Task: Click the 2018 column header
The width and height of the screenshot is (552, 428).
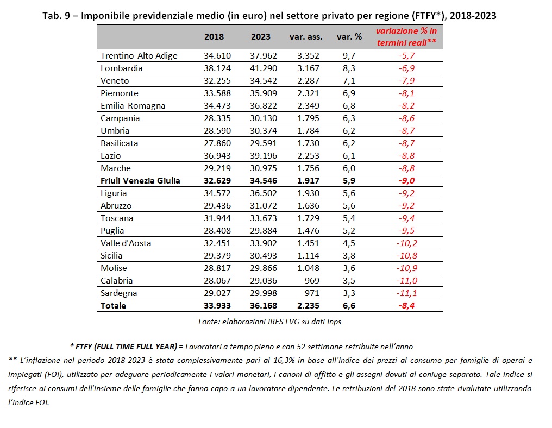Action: [x=214, y=37]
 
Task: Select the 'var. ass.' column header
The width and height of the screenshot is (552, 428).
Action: [x=306, y=37]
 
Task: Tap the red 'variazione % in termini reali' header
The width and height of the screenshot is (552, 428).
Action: [x=406, y=36]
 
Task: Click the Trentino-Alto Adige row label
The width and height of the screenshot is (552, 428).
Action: [x=139, y=56]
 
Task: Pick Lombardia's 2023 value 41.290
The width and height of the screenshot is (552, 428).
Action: [x=264, y=68]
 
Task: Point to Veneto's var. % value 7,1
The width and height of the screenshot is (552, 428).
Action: [x=349, y=81]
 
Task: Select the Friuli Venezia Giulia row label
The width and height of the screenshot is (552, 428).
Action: [x=140, y=181]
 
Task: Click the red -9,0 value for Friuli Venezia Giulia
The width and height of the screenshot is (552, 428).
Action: [x=406, y=181]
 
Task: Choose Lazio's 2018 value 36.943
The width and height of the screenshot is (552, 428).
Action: [x=217, y=156]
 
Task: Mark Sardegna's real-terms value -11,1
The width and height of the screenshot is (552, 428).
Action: [x=406, y=293]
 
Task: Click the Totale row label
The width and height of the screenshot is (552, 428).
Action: [x=113, y=305]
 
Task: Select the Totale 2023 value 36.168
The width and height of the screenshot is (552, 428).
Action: [x=264, y=305]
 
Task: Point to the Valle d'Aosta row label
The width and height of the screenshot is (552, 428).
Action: [x=126, y=243]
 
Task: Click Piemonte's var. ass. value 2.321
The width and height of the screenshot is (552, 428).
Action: [x=308, y=93]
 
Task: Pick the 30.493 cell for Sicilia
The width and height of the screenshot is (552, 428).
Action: [x=264, y=256]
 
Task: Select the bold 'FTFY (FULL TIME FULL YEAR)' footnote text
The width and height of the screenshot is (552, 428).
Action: [x=127, y=347]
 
